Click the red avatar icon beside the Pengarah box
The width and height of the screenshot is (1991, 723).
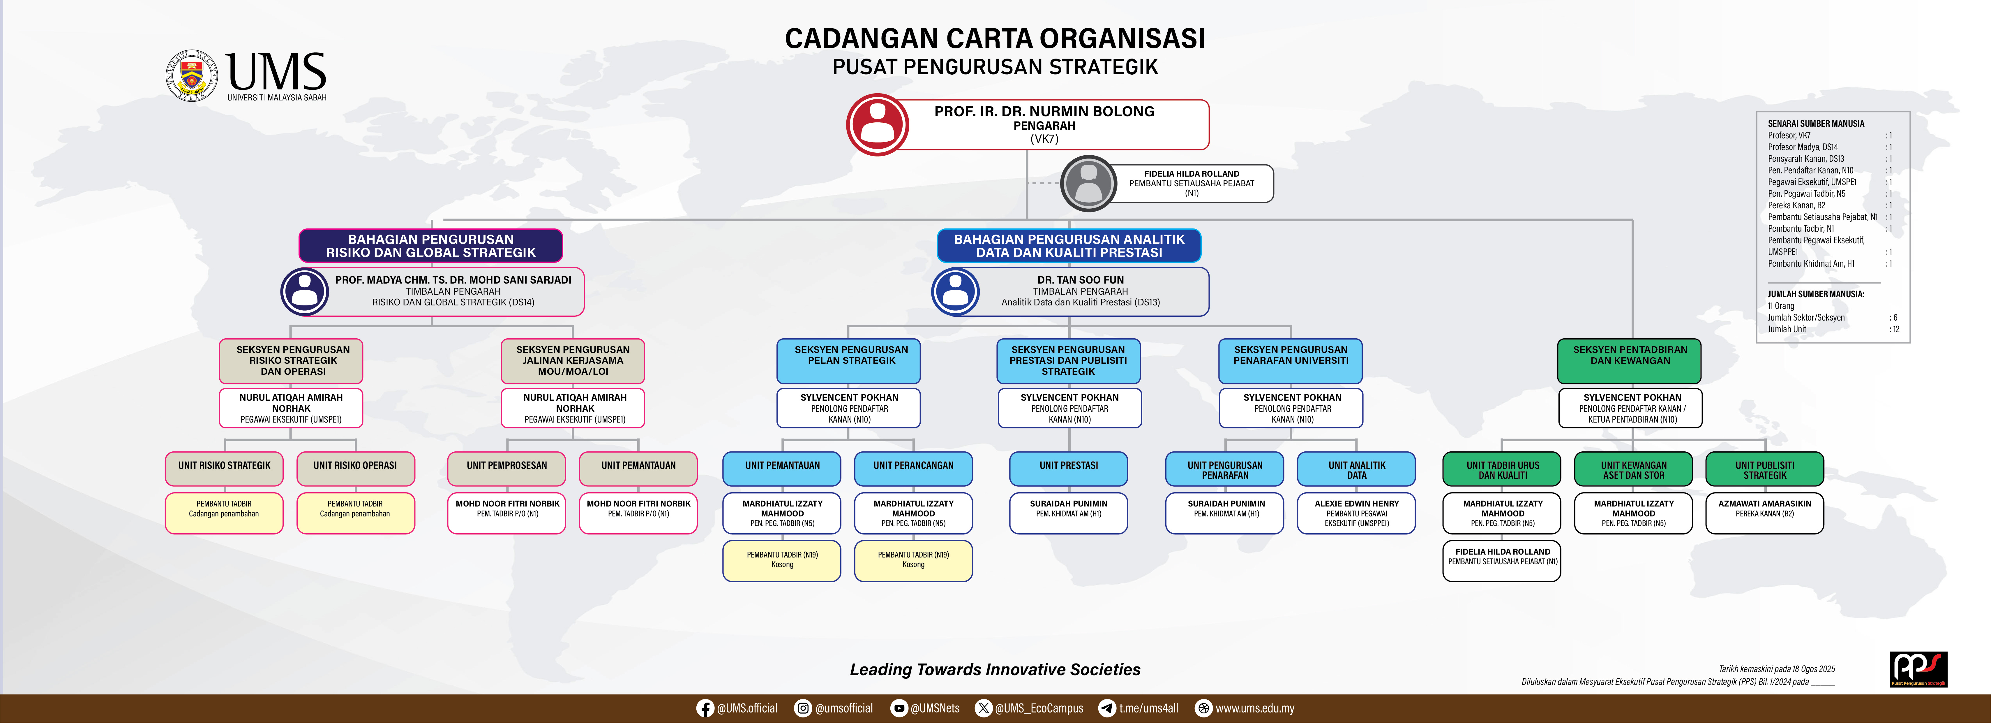[877, 124]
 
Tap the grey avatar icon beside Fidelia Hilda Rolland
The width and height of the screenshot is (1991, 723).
[1088, 183]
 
